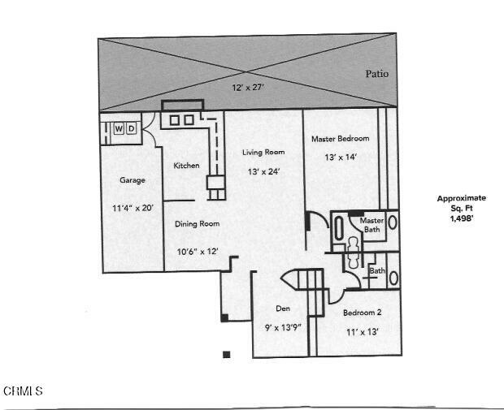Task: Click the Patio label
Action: pos(376,74)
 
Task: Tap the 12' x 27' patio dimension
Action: pos(248,88)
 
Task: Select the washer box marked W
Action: pos(119,129)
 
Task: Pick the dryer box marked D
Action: pos(131,129)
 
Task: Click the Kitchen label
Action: pos(186,166)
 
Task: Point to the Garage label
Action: pos(133,180)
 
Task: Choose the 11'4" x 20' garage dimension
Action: pos(133,208)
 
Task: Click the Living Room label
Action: pos(263,152)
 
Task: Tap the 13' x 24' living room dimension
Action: pos(263,172)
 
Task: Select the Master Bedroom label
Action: pos(341,139)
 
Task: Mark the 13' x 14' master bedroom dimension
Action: pos(341,158)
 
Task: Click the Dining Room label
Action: pos(197,224)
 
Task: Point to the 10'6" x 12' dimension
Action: pos(198,252)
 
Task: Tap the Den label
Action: pos(283,309)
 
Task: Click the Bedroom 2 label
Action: pos(363,313)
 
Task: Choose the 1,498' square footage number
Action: pos(462,218)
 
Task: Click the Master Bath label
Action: pos(371,225)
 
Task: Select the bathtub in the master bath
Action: pos(339,228)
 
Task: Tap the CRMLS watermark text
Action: pos(23,391)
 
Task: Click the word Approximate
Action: pos(462,198)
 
